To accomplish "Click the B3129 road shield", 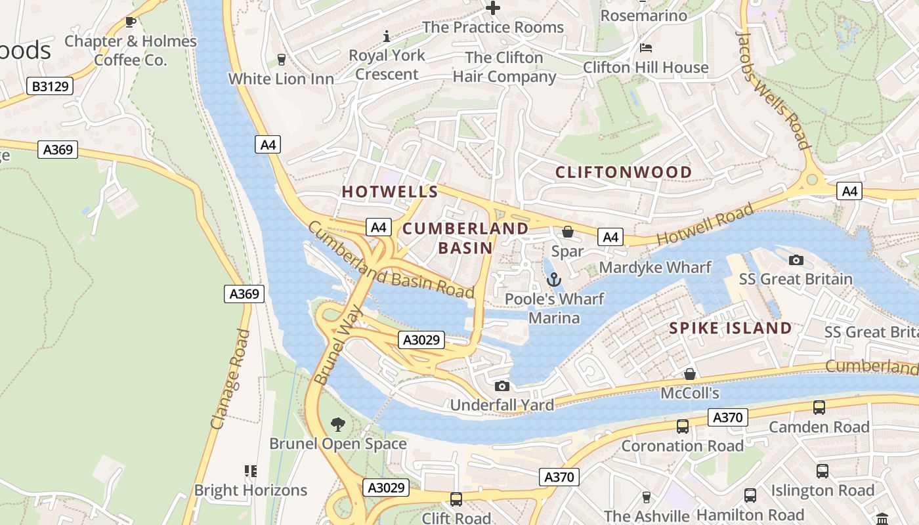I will tap(50, 86).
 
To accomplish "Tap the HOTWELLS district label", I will tap(390, 192).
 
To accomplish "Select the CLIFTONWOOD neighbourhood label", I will tap(624, 172).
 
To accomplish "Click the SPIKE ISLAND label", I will tap(730, 328).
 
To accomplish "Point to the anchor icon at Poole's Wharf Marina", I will tap(555, 280).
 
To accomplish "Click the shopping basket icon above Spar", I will tap(567, 232).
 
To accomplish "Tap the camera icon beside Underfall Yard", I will tap(502, 386).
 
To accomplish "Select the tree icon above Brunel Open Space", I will tap(338, 424).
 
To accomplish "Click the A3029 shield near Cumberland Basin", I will tap(421, 340).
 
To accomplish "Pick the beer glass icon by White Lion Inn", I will tap(282, 60).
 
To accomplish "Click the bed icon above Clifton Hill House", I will tap(646, 48).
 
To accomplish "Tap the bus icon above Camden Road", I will tap(819, 407).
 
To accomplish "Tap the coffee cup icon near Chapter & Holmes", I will tap(131, 22).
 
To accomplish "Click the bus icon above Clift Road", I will tap(456, 499).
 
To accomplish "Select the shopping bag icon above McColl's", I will tap(690, 374).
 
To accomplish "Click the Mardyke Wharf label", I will tap(655, 267).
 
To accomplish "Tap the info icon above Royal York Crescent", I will tap(387, 35).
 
